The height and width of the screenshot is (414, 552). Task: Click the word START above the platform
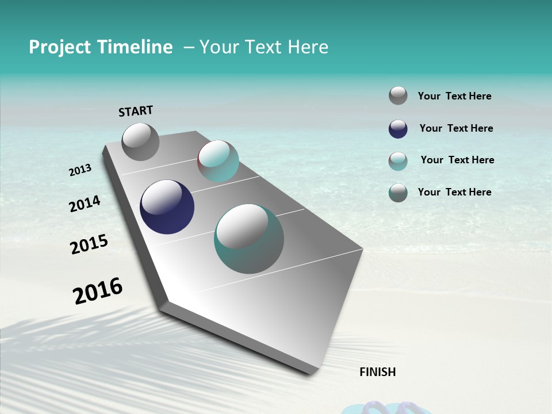pos(136,111)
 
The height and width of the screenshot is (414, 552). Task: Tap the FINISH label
pos(378,372)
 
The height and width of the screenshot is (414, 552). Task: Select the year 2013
pos(80,170)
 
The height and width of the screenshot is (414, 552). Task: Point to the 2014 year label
pos(85,204)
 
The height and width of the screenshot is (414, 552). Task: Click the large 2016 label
pos(98,291)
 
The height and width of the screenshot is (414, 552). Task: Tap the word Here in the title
pos(308,47)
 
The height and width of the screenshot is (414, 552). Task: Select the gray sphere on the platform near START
pos(140,141)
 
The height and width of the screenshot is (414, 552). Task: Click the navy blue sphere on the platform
pos(167,207)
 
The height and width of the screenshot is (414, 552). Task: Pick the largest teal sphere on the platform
pos(249,239)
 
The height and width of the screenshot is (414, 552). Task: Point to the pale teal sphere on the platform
pos(218,160)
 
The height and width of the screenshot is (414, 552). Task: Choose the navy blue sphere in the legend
pos(398,129)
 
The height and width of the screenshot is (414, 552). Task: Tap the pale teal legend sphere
pos(398,161)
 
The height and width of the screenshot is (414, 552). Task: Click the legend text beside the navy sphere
pos(456,128)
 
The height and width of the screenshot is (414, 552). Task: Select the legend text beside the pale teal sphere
pos(457,160)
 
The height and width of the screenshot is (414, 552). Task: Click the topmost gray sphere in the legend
pos(398,95)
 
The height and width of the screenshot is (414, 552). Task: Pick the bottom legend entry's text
pos(454,192)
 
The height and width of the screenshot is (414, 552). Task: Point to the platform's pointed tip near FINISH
pos(313,373)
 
